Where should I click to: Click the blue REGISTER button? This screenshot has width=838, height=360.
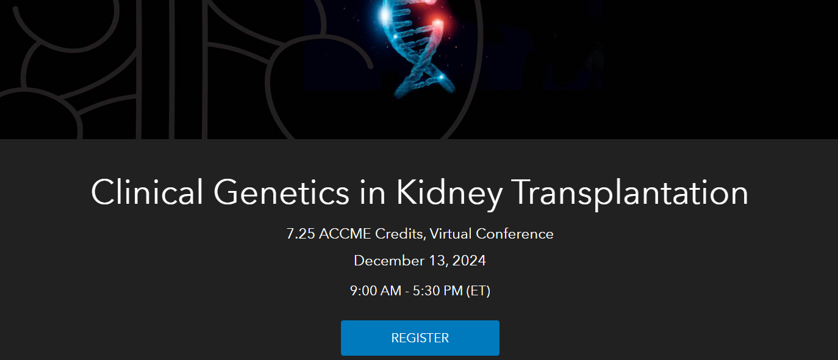[420, 337]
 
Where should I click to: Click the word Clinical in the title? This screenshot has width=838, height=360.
[147, 192]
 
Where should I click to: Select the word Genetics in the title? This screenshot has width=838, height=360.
[281, 192]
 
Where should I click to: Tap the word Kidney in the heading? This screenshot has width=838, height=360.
[449, 195]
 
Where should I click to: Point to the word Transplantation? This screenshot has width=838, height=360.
[630, 195]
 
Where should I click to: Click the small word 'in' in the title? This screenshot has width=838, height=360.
[372, 192]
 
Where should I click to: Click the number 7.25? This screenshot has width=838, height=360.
[301, 234]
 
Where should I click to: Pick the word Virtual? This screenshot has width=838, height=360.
[451, 234]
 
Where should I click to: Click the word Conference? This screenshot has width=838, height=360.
[514, 234]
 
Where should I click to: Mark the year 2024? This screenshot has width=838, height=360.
[469, 261]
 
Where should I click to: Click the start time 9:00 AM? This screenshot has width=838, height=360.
[376, 291]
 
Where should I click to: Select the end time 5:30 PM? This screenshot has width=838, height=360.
[438, 291]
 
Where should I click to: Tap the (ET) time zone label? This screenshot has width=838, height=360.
[478, 291]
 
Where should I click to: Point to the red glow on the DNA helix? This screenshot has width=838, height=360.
[437, 23]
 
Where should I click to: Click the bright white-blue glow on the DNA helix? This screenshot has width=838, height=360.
[385, 15]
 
